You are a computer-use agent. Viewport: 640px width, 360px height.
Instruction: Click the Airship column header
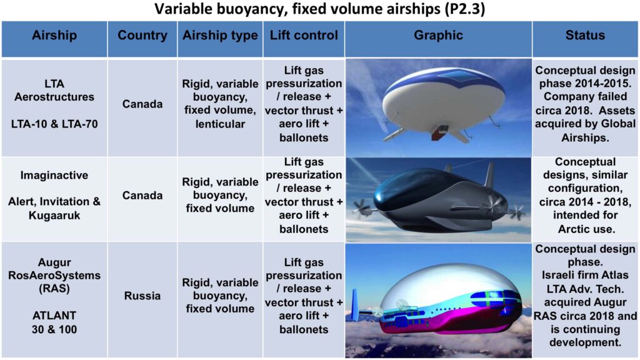[54, 35]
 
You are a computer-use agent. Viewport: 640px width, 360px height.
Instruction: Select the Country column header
[142, 35]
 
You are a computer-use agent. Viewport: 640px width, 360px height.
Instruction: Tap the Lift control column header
[304, 35]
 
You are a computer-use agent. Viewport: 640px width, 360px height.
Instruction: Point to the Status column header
[585, 35]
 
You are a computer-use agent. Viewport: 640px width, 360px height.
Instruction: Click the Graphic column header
[438, 35]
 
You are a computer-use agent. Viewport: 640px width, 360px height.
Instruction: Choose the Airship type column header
[220, 36]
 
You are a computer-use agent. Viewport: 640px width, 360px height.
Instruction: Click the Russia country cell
[142, 296]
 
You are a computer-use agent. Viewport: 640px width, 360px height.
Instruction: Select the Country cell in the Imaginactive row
[142, 195]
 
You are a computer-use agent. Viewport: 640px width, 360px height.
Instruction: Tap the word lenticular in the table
[220, 124]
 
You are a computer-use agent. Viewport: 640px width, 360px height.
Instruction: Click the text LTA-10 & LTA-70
[54, 124]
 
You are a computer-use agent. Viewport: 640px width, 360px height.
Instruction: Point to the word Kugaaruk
[54, 215]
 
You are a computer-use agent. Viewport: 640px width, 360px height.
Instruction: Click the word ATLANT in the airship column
[54, 316]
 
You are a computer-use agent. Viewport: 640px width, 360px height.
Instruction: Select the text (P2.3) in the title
[464, 9]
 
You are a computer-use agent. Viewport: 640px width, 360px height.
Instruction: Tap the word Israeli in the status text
[560, 275]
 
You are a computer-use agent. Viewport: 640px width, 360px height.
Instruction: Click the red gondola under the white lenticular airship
[440, 132]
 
